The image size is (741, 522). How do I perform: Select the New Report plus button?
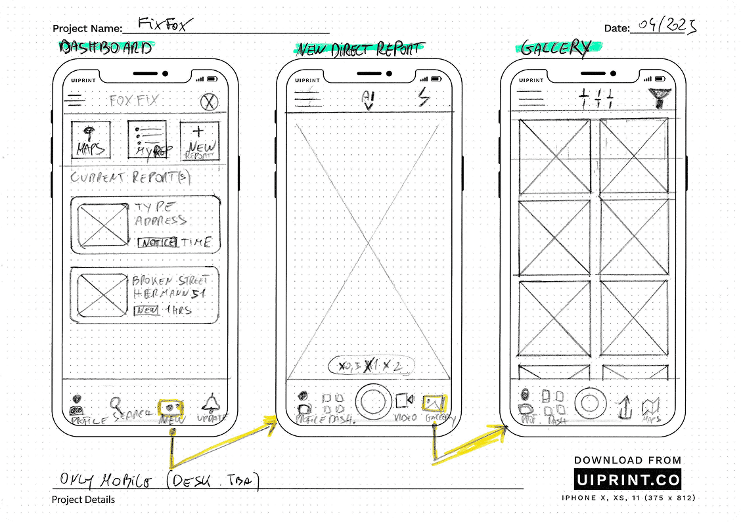pos(198,141)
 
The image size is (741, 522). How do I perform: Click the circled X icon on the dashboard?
pos(210,102)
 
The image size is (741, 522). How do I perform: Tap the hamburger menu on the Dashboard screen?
pos(77,101)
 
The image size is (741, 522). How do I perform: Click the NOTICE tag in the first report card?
pos(156,242)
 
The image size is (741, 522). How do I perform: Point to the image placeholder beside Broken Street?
pos(103,294)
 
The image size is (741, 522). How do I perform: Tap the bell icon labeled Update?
pos(212,403)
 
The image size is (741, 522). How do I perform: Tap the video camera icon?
pos(403,401)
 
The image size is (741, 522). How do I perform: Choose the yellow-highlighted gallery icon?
pos(434,402)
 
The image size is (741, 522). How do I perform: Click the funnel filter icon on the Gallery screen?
pos(657,98)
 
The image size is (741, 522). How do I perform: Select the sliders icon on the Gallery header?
pos(596,100)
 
